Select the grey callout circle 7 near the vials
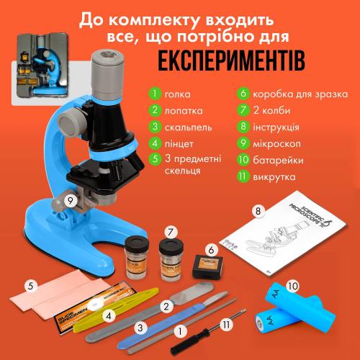coord(171,233)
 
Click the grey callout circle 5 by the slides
coord(30,286)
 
